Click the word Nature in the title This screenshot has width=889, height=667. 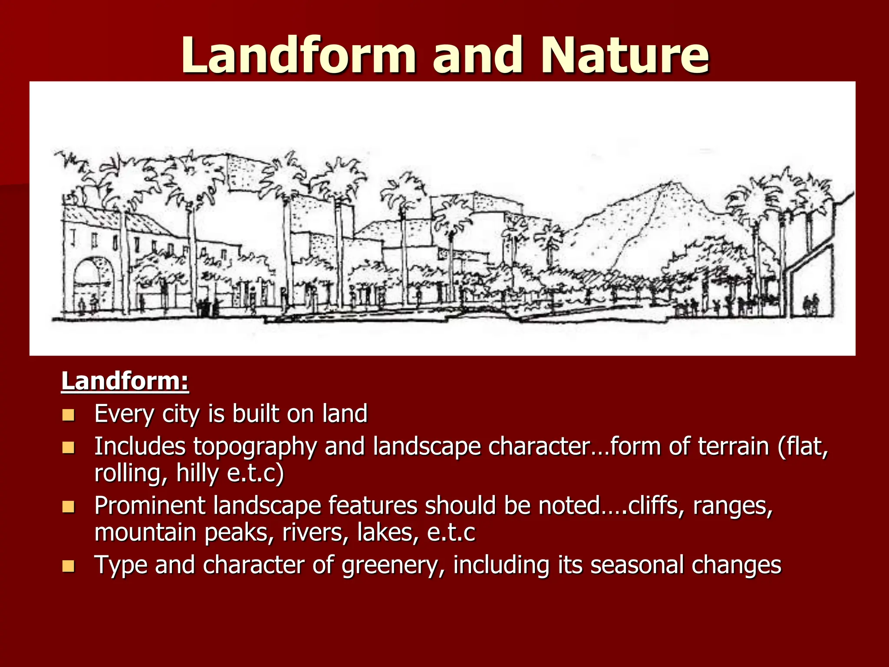(x=624, y=56)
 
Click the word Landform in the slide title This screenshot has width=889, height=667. (x=298, y=56)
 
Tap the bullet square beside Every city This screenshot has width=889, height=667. (x=68, y=415)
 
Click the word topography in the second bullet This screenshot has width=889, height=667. (x=255, y=447)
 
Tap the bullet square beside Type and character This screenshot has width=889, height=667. (x=68, y=566)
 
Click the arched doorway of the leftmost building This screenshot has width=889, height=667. (x=93, y=282)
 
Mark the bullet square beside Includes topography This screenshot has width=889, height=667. (x=68, y=448)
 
